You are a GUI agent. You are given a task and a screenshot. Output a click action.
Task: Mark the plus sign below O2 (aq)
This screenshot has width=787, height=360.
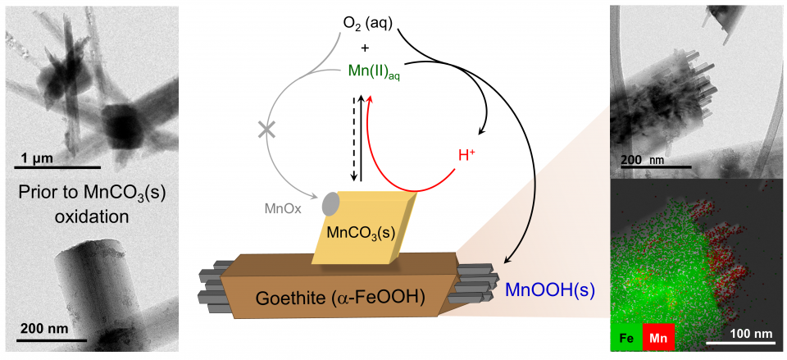click(365, 48)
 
